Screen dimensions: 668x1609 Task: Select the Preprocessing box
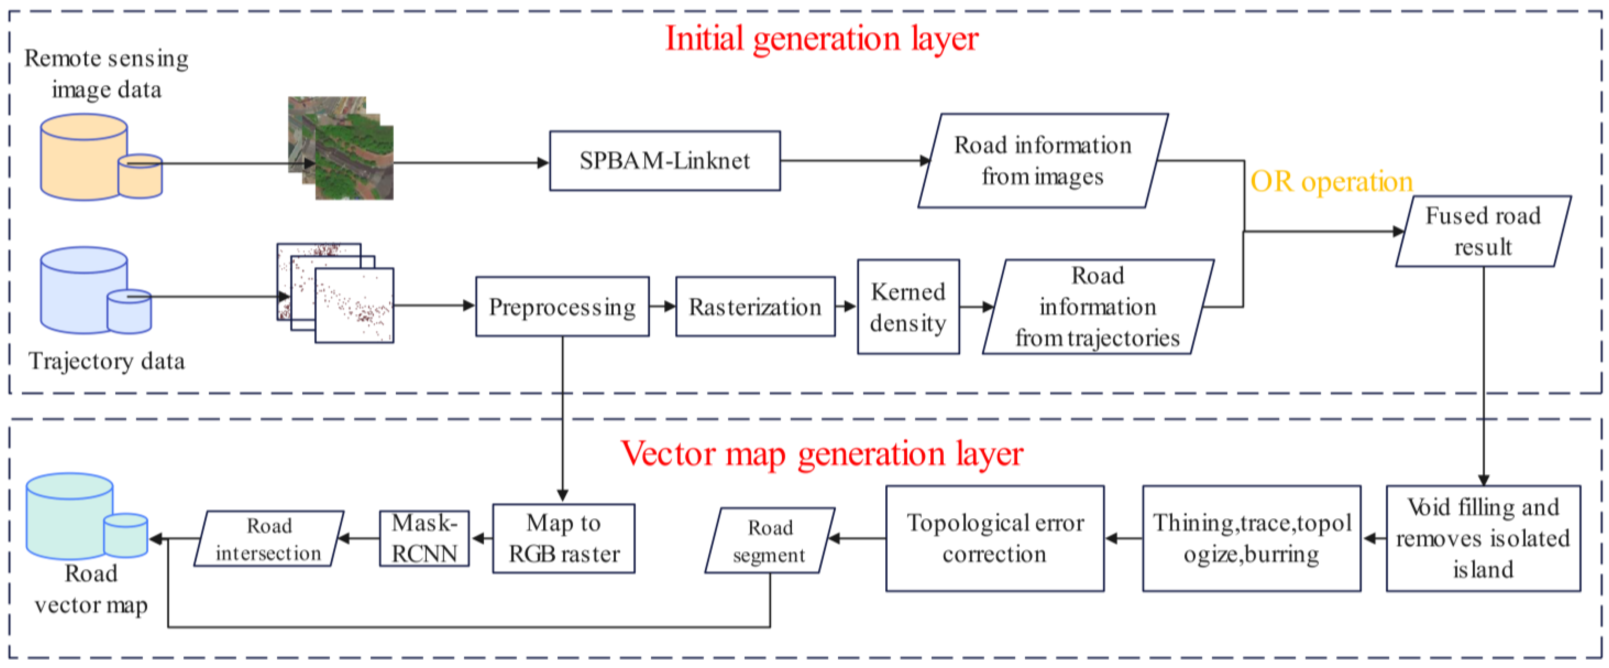tap(562, 307)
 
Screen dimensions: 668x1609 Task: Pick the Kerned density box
tap(908, 307)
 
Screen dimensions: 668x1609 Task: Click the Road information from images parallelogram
tap(1043, 161)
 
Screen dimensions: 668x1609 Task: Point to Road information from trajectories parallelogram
tap(1098, 307)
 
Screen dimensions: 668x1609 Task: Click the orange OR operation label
tap(1331, 182)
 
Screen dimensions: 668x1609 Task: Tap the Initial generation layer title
tap(822, 39)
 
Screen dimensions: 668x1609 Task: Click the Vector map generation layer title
tap(822, 454)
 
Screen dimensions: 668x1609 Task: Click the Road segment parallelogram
tap(769, 540)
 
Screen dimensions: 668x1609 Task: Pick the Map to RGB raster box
tap(563, 538)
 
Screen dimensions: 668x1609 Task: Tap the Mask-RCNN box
tap(424, 538)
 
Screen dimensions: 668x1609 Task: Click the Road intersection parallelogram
tap(269, 539)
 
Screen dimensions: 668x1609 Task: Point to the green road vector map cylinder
tap(70, 515)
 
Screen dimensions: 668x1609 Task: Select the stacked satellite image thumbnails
tap(341, 148)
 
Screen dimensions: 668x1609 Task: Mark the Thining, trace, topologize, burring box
tap(1251, 538)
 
